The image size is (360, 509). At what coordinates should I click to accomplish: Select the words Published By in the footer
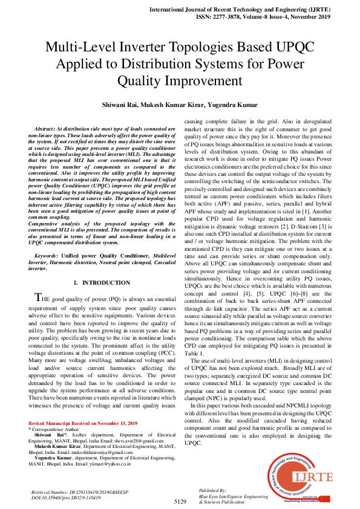click(x=211, y=490)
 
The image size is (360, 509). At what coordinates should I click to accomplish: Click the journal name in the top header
click(x=241, y=10)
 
